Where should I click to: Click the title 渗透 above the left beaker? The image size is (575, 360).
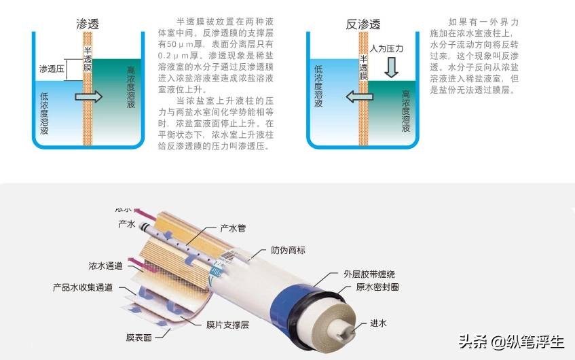click(87, 24)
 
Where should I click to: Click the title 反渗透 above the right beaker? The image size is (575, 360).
click(360, 24)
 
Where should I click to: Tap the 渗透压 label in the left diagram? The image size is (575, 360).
click(53, 69)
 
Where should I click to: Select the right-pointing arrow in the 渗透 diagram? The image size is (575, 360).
click(88, 96)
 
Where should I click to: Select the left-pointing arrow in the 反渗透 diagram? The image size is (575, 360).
click(360, 96)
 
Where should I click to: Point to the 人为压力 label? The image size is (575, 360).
click(386, 49)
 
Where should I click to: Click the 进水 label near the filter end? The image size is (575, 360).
click(378, 323)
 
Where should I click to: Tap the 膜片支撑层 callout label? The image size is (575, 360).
click(227, 325)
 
